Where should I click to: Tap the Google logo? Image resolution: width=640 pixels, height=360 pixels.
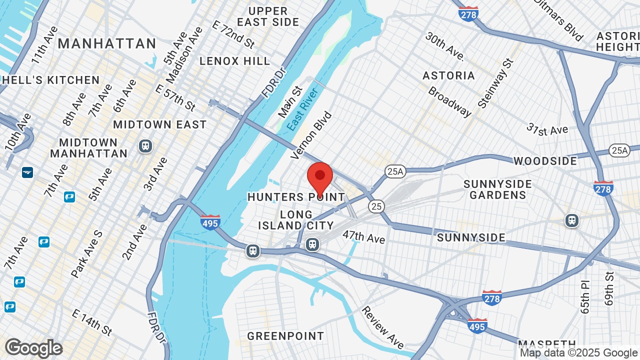tap(33, 348)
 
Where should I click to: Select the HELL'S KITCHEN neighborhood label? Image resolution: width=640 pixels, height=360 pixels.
tap(50, 80)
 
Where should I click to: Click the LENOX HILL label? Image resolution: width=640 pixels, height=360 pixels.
tap(234, 61)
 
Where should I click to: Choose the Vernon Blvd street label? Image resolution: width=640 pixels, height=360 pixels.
tap(311, 135)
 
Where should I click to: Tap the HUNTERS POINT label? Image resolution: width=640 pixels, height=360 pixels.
tap(296, 197)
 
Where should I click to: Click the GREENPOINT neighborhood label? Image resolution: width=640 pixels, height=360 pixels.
tap(285, 336)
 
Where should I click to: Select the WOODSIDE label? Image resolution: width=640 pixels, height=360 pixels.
tap(545, 161)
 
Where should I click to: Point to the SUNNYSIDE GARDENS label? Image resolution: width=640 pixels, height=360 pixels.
tap(498, 189)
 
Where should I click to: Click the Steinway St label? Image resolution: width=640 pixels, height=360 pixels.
tap(495, 83)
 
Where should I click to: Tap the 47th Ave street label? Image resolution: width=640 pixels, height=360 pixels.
tap(363, 236)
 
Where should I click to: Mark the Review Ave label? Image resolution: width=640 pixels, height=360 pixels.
tap(382, 327)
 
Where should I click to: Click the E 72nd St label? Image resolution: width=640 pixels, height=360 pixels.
tap(234, 34)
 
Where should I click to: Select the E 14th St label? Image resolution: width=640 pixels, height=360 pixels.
tap(92, 322)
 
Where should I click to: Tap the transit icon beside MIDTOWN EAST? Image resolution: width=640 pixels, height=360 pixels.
tap(145, 146)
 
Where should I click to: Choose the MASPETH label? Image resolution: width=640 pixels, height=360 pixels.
tap(546, 344)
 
